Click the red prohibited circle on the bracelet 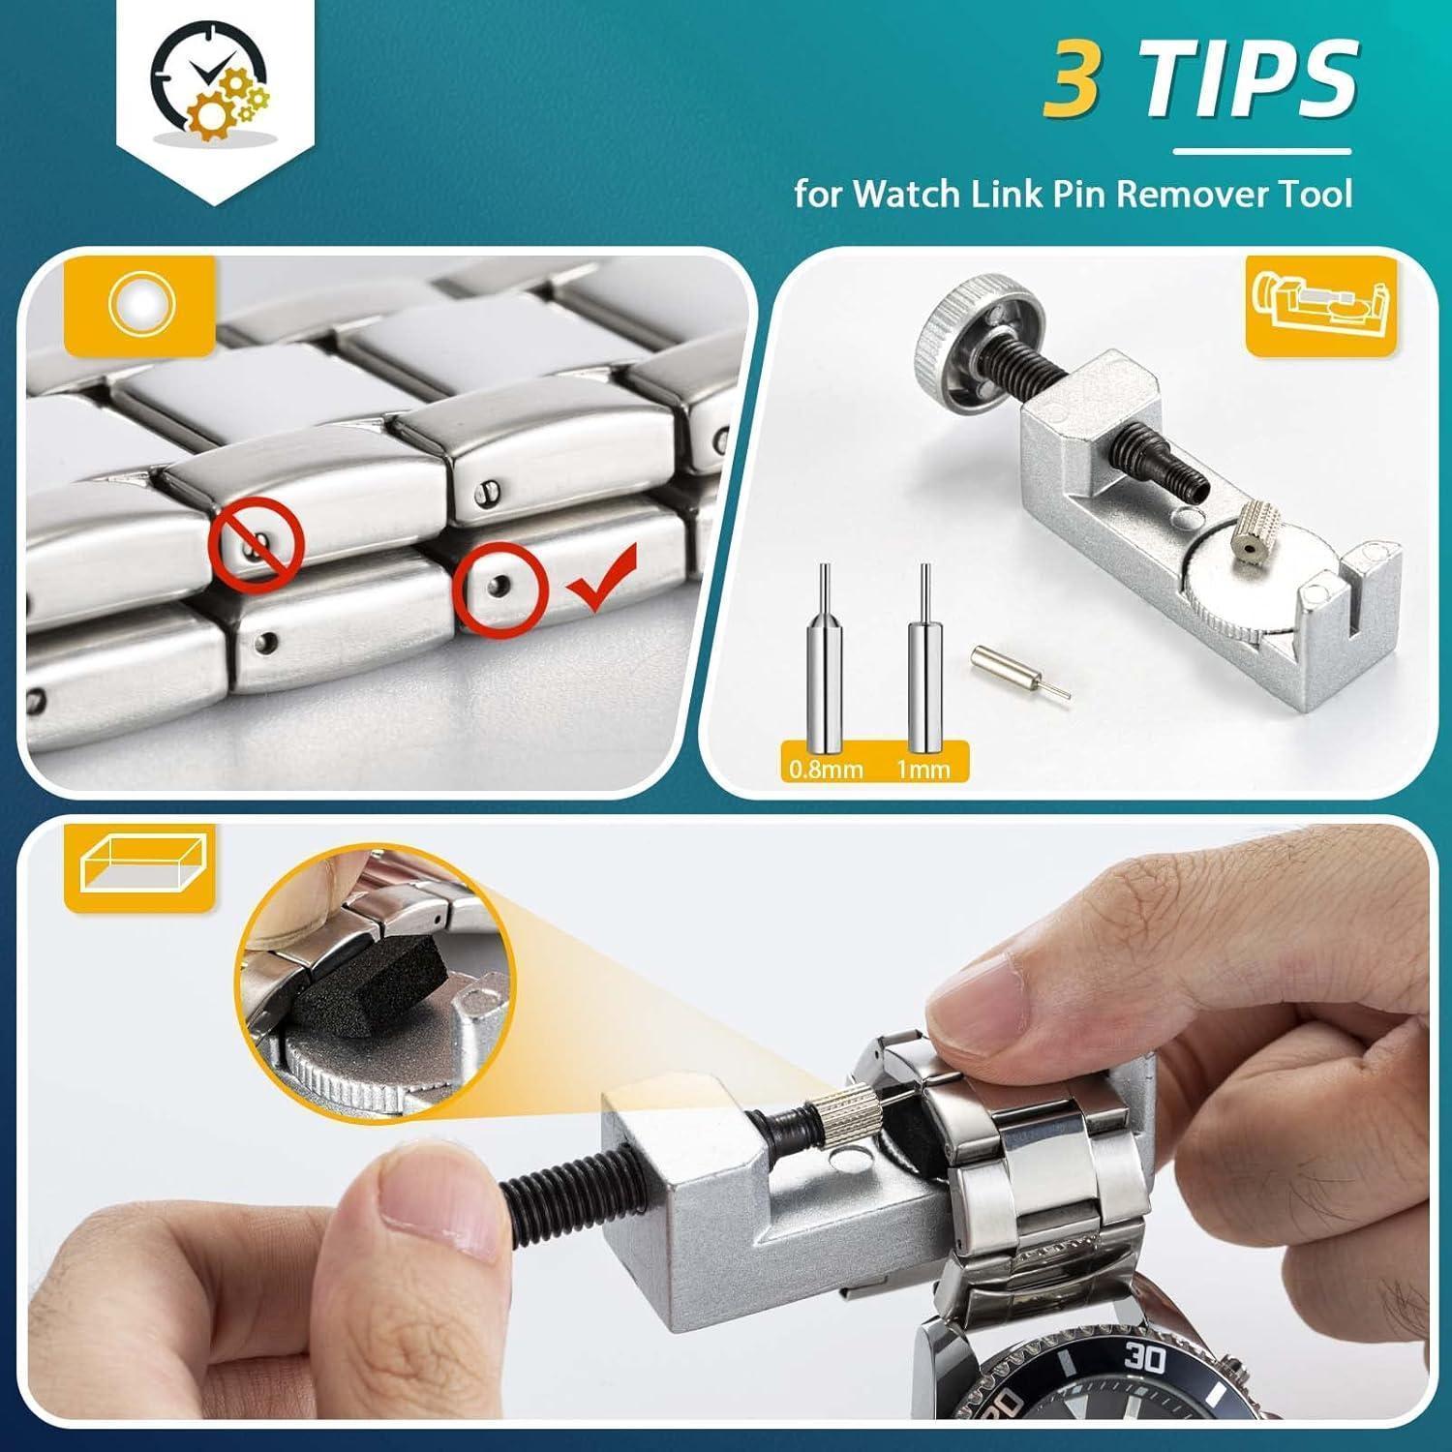pyautogui.click(x=257, y=545)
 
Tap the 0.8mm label pyautogui.click(x=826, y=770)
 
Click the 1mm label pyautogui.click(x=923, y=770)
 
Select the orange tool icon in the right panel pyautogui.click(x=1323, y=305)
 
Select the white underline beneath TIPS pyautogui.click(x=1262, y=151)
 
